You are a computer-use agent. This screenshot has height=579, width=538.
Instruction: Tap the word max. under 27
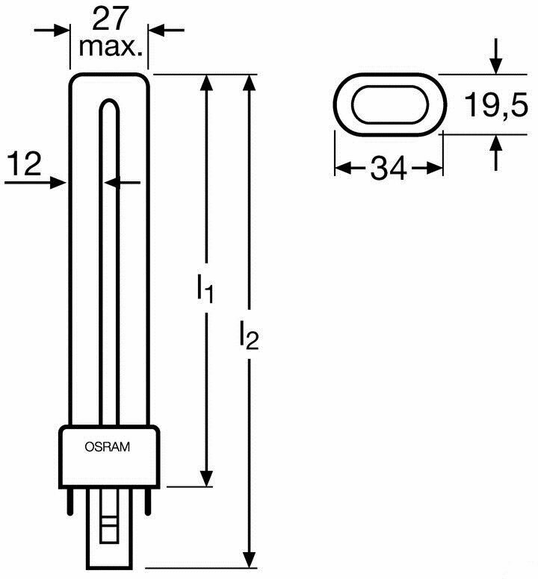pyautogui.click(x=111, y=47)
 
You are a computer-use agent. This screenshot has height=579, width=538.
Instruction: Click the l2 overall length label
pyautogui.click(x=249, y=335)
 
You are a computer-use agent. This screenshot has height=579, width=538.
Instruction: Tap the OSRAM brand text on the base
pyautogui.click(x=107, y=448)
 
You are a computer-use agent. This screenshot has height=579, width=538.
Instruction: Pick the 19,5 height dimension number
pyautogui.click(x=495, y=107)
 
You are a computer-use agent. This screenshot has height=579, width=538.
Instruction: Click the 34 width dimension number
pyautogui.click(x=389, y=169)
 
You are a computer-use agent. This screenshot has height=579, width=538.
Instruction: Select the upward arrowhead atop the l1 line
pyautogui.click(x=207, y=84)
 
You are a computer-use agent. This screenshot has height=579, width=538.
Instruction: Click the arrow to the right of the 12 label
pyautogui.click(x=58, y=181)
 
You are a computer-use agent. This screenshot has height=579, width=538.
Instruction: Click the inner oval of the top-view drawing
pyautogui.click(x=389, y=104)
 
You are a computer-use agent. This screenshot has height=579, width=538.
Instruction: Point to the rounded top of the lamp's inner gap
pyautogui.click(x=109, y=104)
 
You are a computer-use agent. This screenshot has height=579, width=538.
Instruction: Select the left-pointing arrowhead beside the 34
pyautogui.click(x=341, y=169)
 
